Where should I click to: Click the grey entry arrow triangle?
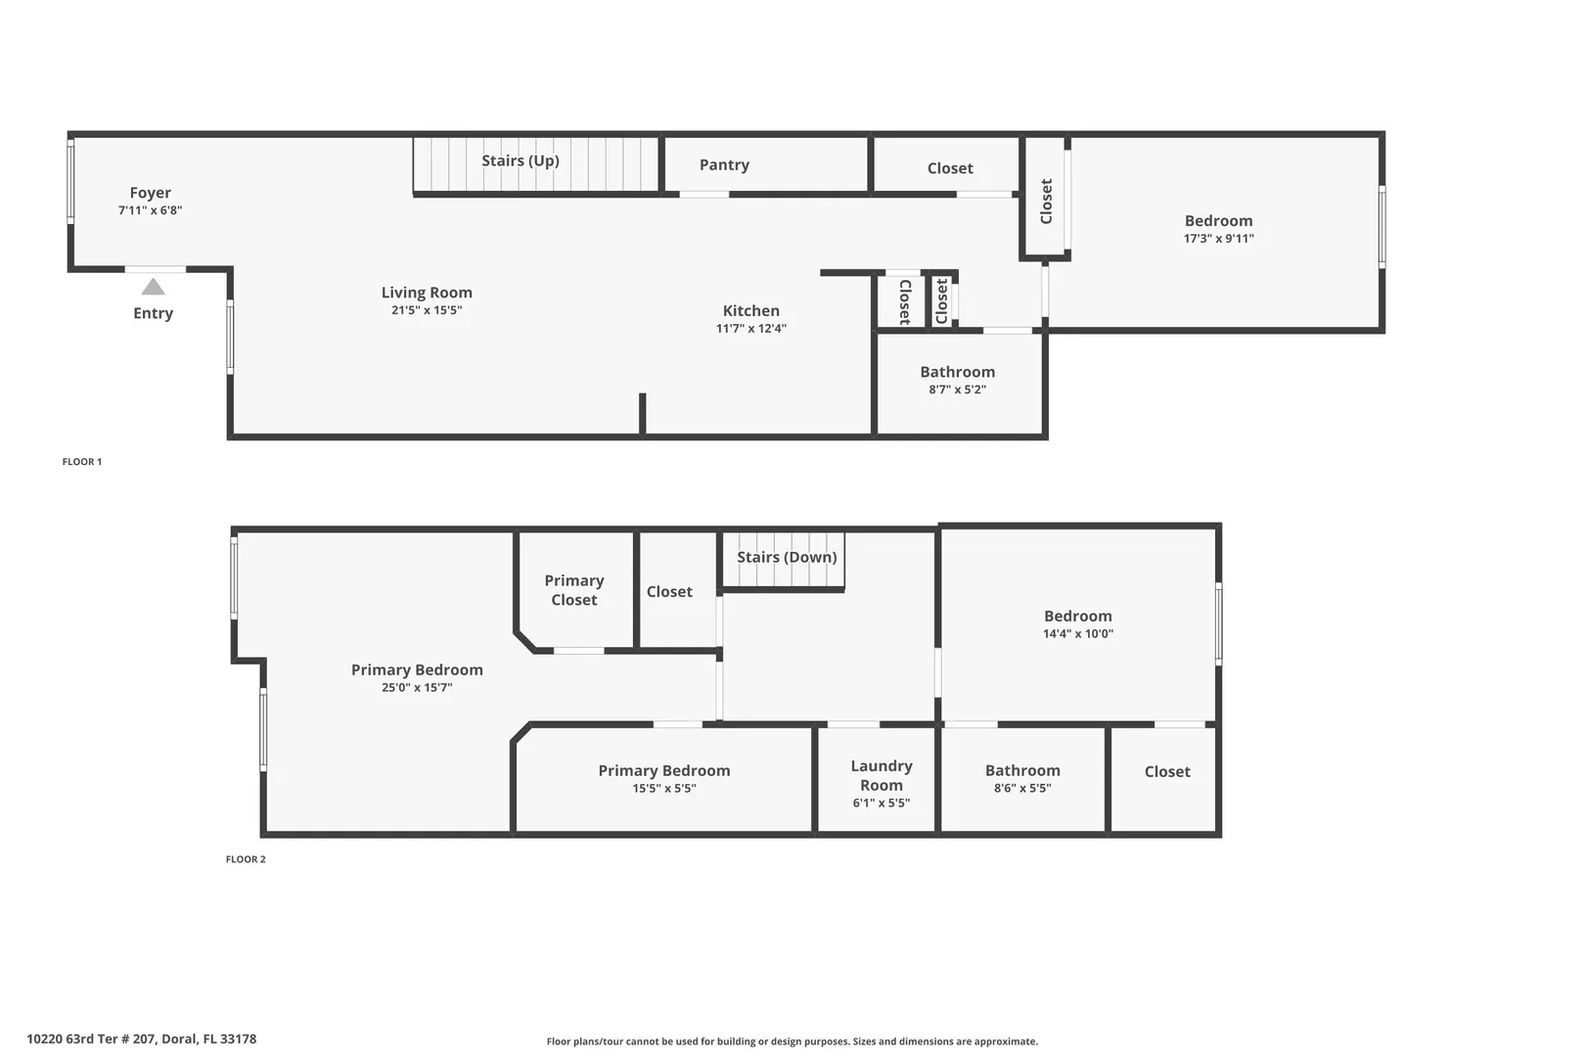pyautogui.click(x=153, y=287)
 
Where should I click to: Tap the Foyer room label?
pyautogui.click(x=150, y=193)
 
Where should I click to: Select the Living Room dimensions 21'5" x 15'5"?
pyautogui.click(x=427, y=310)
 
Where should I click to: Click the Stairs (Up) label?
pyautogui.click(x=521, y=161)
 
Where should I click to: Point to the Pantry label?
pyautogui.click(x=725, y=165)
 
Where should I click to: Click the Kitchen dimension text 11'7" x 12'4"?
pyautogui.click(x=751, y=329)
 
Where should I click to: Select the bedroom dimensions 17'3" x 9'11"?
pyautogui.click(x=1218, y=239)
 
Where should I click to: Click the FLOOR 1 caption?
pyautogui.click(x=82, y=462)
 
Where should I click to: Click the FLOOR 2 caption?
pyautogui.click(x=246, y=859)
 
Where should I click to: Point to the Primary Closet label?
pyautogui.click(x=574, y=590)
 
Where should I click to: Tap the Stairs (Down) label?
pyautogui.click(x=787, y=557)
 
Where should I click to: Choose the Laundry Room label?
pyautogui.click(x=882, y=776)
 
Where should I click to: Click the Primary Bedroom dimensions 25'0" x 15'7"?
pyautogui.click(x=417, y=687)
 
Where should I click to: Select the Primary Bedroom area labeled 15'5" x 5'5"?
pyautogui.click(x=664, y=779)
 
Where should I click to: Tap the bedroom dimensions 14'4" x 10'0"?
pyautogui.click(x=1078, y=633)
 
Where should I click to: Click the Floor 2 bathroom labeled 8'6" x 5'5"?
pyautogui.click(x=1022, y=779)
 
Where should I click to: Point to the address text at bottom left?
pyautogui.click(x=142, y=1039)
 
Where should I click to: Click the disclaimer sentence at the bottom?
pyautogui.click(x=792, y=1041)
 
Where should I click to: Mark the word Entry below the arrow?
pyautogui.click(x=153, y=313)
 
